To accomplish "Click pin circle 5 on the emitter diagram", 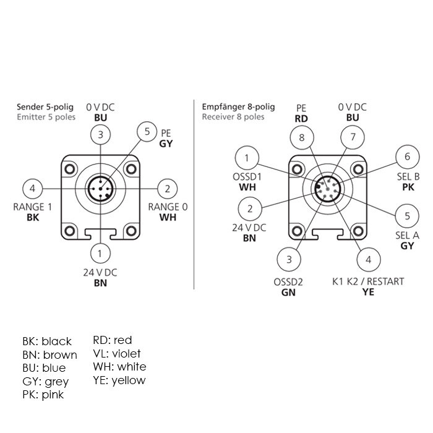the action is [147, 132].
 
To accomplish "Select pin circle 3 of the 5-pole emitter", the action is [100, 134].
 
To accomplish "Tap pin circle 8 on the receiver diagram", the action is [302, 137].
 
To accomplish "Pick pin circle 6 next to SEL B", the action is [407, 157].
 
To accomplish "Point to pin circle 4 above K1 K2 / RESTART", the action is [369, 260].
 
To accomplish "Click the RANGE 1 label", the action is [33, 207].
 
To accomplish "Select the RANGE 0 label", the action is [168, 207].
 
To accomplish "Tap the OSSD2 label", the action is [288, 282].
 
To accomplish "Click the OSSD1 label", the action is [247, 177].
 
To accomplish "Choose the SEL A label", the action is [407, 236].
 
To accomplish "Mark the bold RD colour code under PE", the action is [301, 119].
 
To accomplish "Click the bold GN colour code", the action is [288, 293].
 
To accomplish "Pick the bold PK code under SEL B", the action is [408, 187].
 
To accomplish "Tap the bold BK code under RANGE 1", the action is [33, 218].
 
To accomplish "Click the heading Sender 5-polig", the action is [45, 107].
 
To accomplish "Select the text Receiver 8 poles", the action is [233, 117].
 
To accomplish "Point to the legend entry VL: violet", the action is [117, 353].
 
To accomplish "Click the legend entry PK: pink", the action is [43, 395].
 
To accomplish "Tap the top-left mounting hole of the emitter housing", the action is [69, 168].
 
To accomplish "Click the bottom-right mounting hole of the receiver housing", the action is [358, 231].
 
